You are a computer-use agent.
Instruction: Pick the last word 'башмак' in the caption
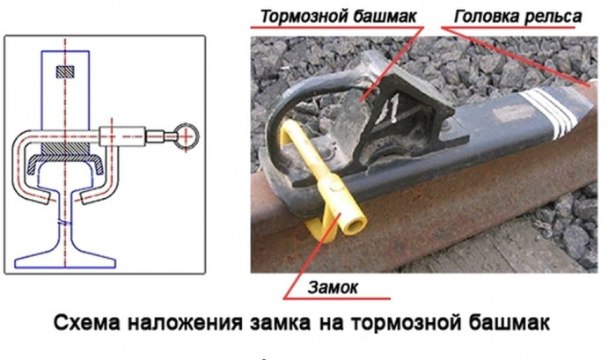click(x=510, y=323)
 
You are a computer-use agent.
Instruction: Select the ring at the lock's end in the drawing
click(x=186, y=135)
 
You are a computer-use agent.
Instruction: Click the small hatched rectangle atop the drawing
click(x=67, y=71)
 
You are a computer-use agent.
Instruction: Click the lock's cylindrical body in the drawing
click(x=123, y=136)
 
